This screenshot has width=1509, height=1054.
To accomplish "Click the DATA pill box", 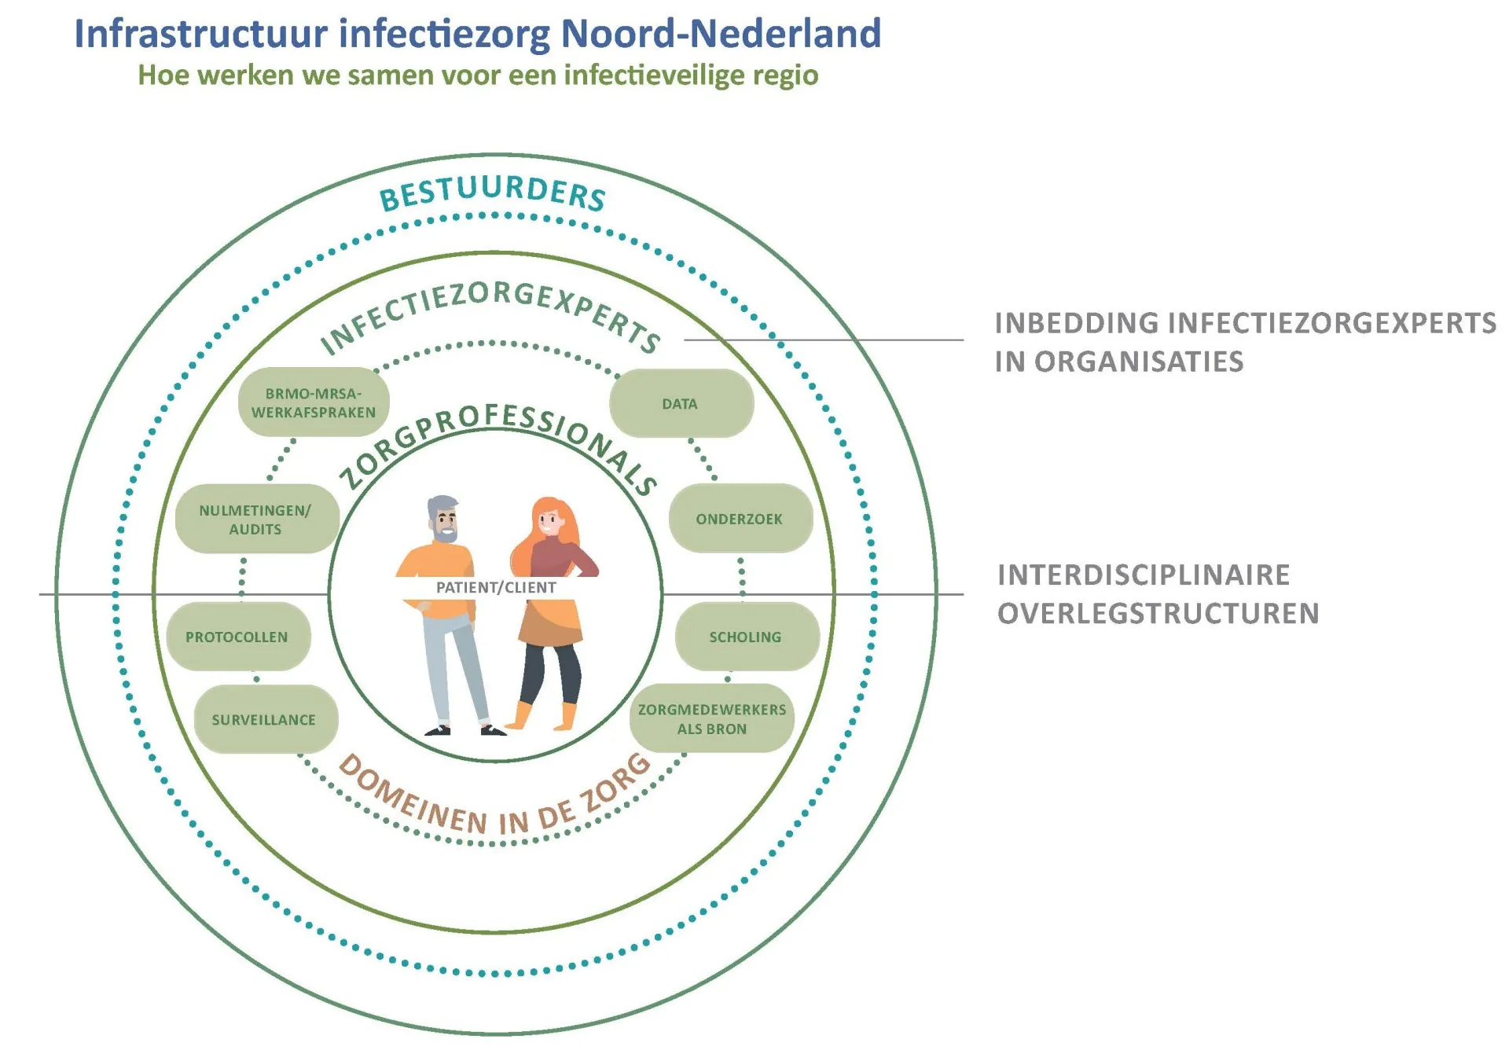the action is [681, 403].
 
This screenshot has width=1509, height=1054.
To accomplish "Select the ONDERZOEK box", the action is [740, 519].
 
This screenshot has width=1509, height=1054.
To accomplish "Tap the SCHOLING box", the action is [747, 637].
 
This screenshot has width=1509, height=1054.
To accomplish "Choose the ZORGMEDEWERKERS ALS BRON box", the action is [712, 718].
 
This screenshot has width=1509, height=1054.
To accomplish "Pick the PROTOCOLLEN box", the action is [238, 637].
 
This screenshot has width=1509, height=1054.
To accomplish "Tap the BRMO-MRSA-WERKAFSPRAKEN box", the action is [314, 402].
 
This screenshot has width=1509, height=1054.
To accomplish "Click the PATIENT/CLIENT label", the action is [496, 587].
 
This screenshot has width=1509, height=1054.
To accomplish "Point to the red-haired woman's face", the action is [548, 520].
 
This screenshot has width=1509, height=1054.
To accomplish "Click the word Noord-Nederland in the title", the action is [721, 34].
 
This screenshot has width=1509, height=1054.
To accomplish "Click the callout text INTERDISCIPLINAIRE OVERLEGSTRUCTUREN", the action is [1158, 594].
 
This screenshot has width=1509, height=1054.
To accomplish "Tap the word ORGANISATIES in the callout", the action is [1139, 362].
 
